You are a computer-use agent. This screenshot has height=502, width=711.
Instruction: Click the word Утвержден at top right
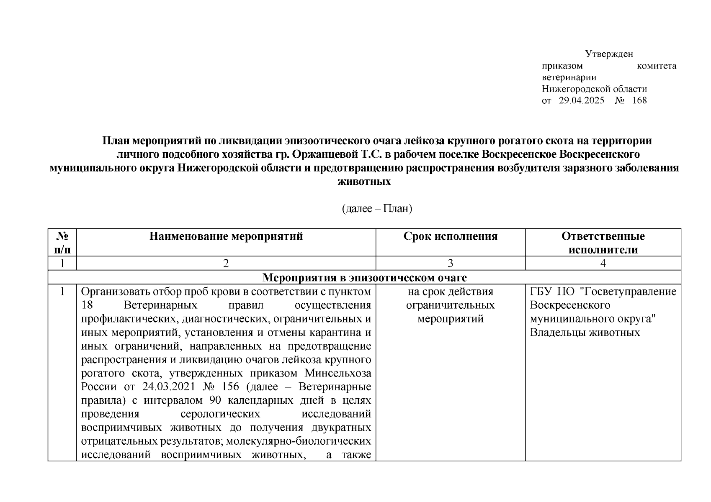pyautogui.click(x=609, y=54)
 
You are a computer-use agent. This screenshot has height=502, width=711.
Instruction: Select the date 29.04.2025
pyautogui.click(x=582, y=100)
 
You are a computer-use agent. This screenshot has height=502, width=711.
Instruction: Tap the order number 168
pyautogui.click(x=639, y=100)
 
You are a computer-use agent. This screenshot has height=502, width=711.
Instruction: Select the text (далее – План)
pyautogui.click(x=377, y=208)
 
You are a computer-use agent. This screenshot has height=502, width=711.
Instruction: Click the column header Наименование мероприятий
pyautogui.click(x=226, y=236)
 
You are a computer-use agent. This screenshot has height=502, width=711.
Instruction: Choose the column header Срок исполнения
pyautogui.click(x=451, y=236)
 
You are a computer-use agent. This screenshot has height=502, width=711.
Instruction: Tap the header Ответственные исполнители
pyautogui.click(x=603, y=243)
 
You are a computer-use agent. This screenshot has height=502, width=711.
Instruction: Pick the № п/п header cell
pyautogui.click(x=62, y=243)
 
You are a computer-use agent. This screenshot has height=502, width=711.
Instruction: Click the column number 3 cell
pyautogui.click(x=451, y=263)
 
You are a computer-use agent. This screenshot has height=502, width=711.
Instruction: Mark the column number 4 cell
pyautogui.click(x=603, y=263)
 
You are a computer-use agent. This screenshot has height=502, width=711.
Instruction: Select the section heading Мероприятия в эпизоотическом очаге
pyautogui.click(x=364, y=278)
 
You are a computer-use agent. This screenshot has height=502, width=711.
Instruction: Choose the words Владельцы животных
pyautogui.click(x=585, y=333)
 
